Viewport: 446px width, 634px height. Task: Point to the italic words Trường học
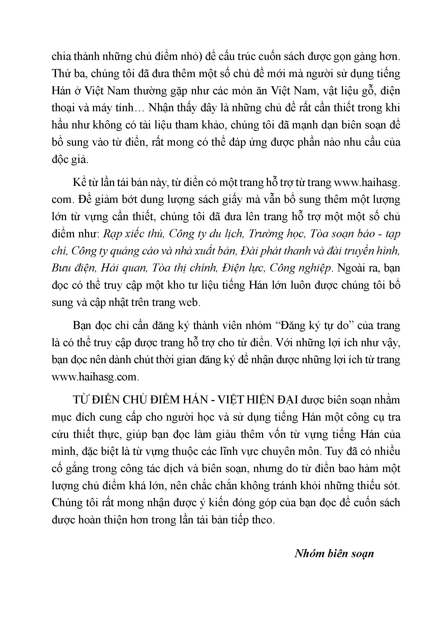point(277,234)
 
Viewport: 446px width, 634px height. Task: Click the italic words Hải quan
point(123,268)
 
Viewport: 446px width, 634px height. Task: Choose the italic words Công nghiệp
point(300,268)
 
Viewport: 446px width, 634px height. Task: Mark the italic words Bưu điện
point(73,268)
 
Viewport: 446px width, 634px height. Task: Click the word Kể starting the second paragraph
point(78,183)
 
